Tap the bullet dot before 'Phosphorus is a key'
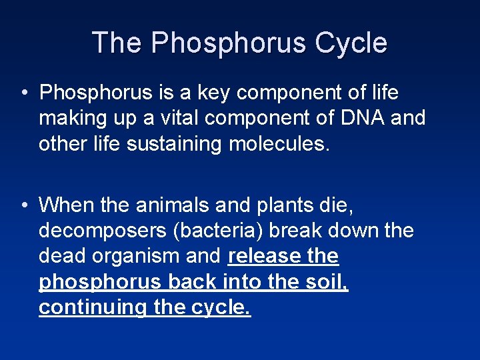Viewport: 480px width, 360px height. coord(23,93)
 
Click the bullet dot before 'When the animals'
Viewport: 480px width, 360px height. coord(23,205)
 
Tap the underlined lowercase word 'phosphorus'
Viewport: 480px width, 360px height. coord(99,282)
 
